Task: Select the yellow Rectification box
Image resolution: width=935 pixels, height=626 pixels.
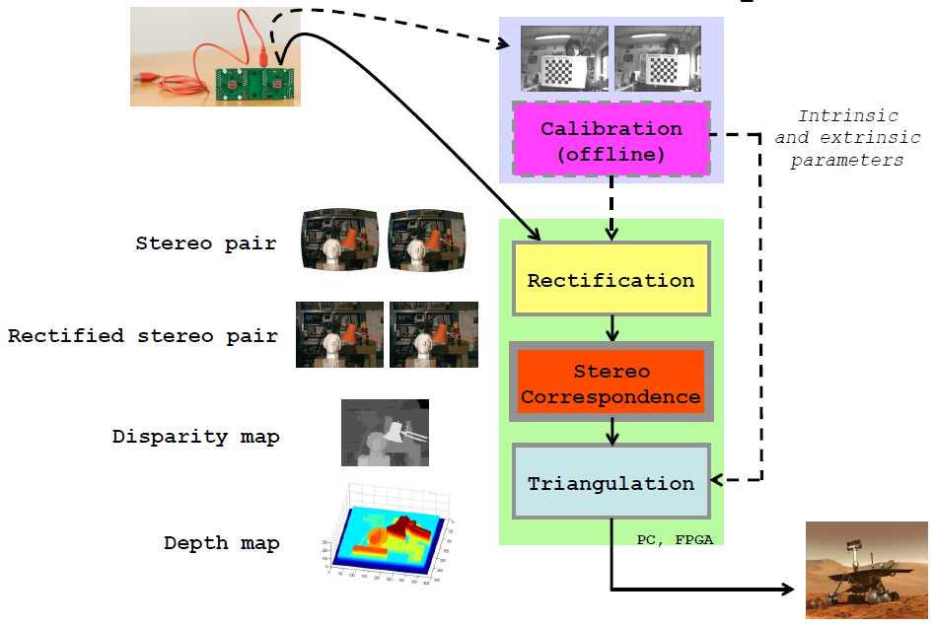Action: (x=611, y=279)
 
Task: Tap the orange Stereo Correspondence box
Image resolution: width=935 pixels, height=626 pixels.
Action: (x=611, y=383)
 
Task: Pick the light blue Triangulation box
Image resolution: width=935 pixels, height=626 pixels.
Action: (x=611, y=483)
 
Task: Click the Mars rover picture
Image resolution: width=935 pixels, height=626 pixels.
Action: (x=866, y=570)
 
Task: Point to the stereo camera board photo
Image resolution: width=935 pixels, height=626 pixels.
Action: (x=215, y=57)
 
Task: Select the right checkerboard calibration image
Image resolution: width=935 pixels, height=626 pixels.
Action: (x=657, y=60)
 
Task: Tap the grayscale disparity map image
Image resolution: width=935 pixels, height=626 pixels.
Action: (x=385, y=433)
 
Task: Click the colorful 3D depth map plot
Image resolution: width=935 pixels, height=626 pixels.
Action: (x=388, y=539)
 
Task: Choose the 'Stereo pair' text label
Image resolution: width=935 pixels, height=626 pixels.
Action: (x=206, y=243)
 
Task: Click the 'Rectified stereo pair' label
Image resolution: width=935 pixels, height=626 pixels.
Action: (x=143, y=335)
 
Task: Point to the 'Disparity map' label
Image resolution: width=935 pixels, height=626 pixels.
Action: (x=195, y=436)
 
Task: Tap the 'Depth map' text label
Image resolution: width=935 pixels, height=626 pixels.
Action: (x=222, y=542)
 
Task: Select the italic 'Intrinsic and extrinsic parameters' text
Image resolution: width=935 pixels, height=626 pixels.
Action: (x=848, y=138)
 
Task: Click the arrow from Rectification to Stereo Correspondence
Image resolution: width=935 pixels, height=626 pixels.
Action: (x=612, y=327)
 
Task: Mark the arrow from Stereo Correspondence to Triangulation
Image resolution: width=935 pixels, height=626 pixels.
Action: (x=612, y=431)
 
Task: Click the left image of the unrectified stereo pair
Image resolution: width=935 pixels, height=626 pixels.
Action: (x=339, y=240)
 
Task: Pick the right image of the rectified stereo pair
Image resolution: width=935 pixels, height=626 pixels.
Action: (x=434, y=335)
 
